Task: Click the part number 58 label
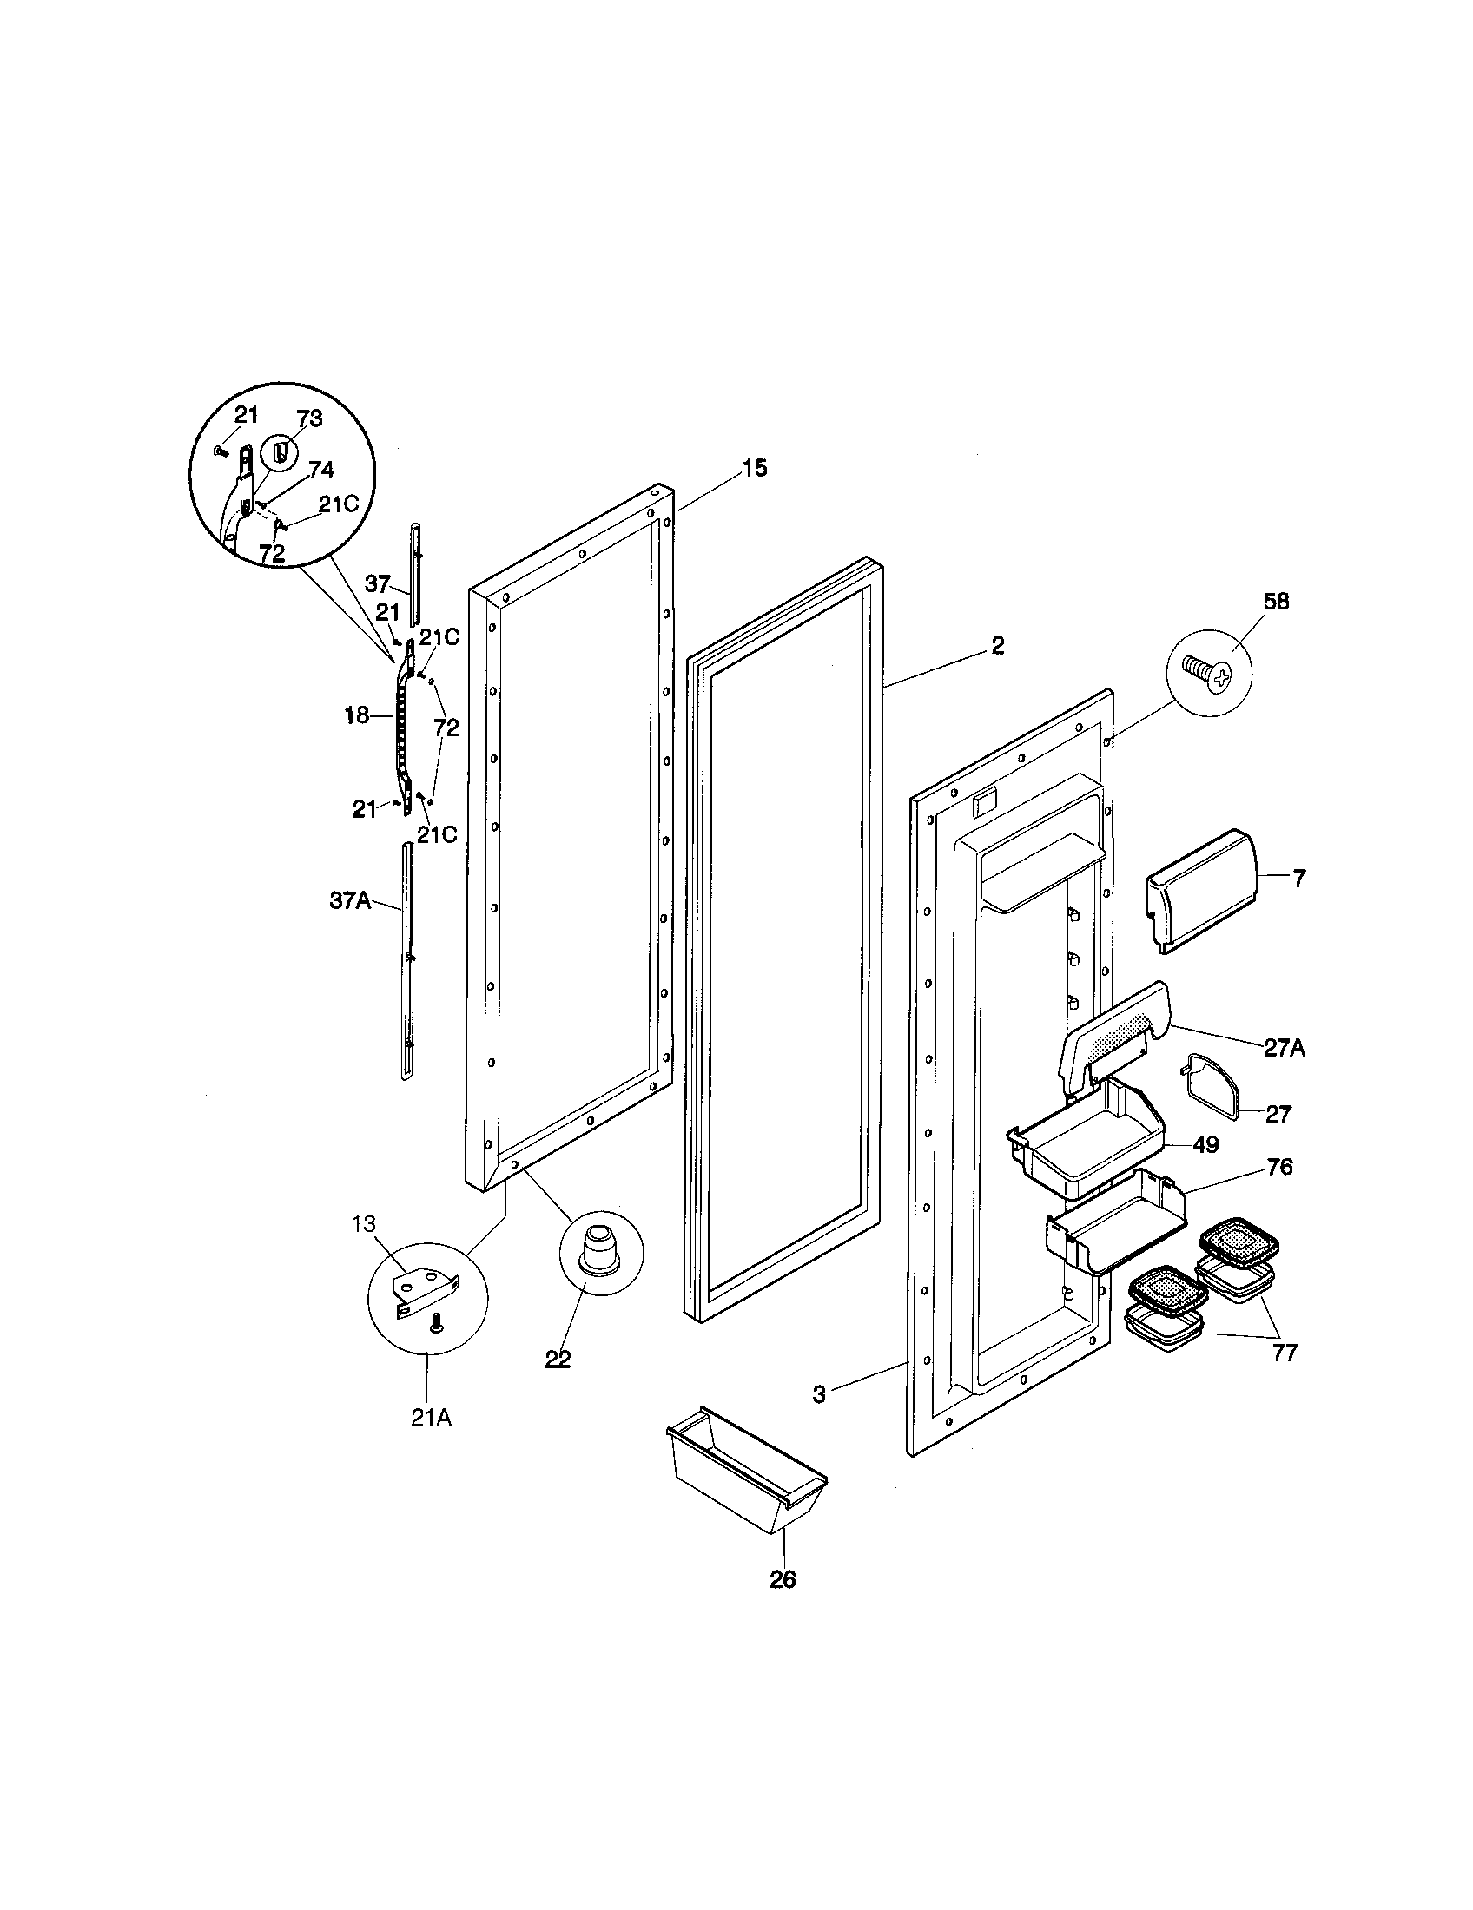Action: [x=1276, y=602]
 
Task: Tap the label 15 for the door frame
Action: [x=755, y=468]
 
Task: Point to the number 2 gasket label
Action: [x=997, y=645]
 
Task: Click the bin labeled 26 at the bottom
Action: [x=746, y=1474]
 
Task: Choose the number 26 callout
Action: [x=783, y=1580]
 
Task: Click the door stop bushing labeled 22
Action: [x=600, y=1251]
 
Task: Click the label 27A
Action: [x=1283, y=1048]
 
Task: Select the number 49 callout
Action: [x=1206, y=1145]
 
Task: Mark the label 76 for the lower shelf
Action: [x=1278, y=1168]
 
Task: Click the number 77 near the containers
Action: [x=1285, y=1353]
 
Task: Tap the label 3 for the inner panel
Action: [x=819, y=1394]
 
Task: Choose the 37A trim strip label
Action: [x=350, y=900]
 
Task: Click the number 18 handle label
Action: [x=357, y=716]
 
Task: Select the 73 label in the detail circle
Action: [x=310, y=419]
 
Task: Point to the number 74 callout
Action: [x=320, y=471]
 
